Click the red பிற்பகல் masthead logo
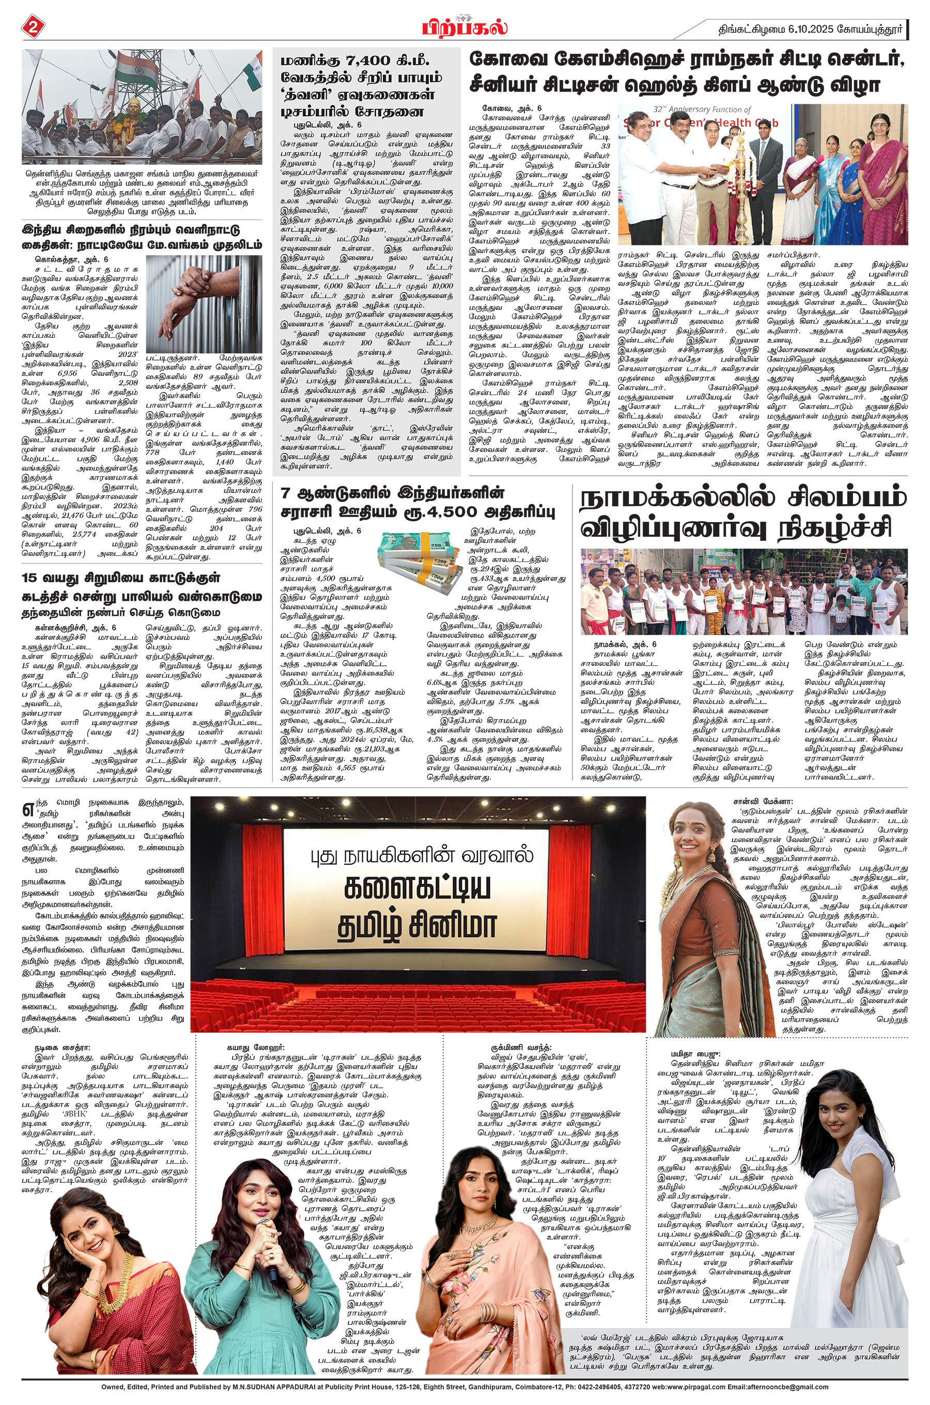(464, 27)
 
